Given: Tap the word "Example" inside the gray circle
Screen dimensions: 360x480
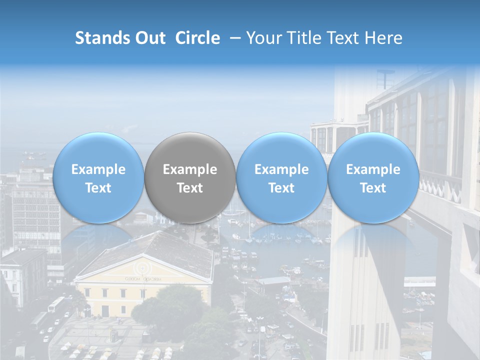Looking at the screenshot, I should point(190,169).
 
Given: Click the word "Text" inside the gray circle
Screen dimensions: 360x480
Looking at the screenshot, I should point(190,188).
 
